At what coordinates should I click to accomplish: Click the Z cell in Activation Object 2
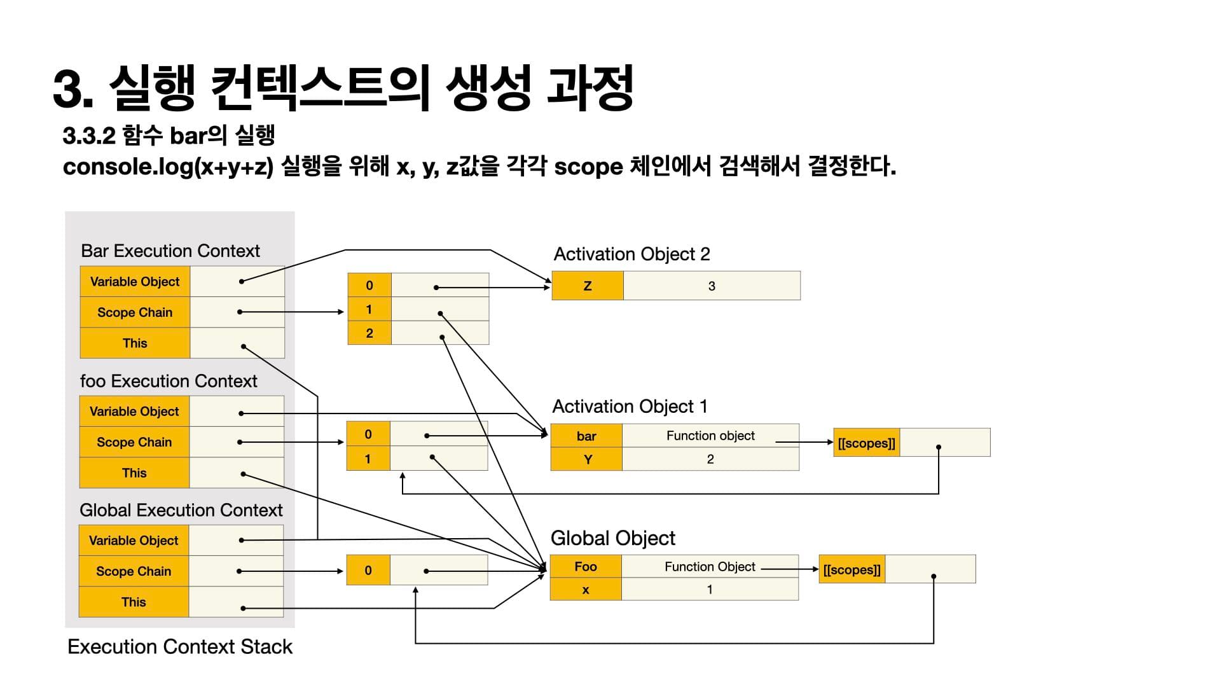tap(588, 286)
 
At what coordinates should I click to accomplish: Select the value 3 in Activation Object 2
tap(712, 286)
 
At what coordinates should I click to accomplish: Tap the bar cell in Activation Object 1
tap(586, 436)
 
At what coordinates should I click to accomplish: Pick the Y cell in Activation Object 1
tap(588, 459)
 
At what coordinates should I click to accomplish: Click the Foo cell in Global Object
tap(586, 567)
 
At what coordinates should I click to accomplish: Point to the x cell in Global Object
tap(586, 590)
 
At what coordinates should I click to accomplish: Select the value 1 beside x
tap(710, 590)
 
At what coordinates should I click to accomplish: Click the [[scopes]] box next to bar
tap(866, 443)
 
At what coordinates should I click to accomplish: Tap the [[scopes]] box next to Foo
tap(852, 570)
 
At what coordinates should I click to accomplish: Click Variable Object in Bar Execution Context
tap(135, 282)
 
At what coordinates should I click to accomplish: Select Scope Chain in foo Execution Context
tap(134, 442)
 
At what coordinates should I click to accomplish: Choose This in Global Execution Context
tap(134, 602)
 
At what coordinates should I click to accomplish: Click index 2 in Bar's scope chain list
tap(369, 333)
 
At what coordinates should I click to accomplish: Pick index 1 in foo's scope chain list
tap(368, 459)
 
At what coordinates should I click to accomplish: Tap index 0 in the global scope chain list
tap(368, 571)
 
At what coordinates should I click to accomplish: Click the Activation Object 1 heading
tap(630, 406)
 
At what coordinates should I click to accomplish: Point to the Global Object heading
tap(612, 538)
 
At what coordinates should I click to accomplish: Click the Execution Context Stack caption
tap(180, 647)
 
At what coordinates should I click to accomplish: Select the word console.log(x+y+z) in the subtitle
tap(168, 167)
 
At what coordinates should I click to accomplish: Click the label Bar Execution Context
tap(170, 251)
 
